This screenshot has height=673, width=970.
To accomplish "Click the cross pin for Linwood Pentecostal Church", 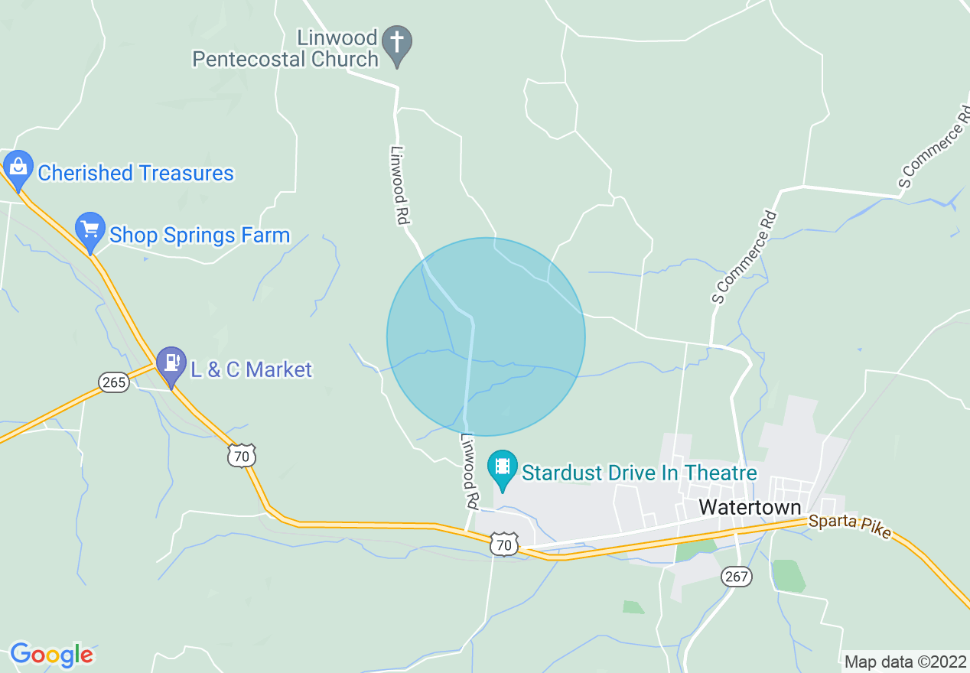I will (397, 43).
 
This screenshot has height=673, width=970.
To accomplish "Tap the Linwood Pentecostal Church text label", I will (285, 48).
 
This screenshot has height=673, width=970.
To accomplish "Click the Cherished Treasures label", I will (135, 173).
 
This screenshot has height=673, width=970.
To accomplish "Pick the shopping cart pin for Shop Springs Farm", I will (90, 229).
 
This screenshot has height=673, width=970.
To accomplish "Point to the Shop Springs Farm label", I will (200, 235).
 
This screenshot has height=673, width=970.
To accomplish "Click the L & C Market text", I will (251, 370).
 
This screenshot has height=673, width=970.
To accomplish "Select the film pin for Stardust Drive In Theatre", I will (502, 467).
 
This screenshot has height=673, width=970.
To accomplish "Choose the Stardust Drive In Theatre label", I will (639, 473).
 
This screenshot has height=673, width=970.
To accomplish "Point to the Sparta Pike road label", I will (849, 526).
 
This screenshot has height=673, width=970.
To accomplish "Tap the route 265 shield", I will (114, 382).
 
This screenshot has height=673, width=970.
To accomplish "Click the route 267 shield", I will (737, 577).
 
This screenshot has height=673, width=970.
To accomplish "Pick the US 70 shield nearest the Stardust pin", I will (503, 545).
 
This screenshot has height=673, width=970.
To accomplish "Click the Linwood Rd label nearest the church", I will (399, 185).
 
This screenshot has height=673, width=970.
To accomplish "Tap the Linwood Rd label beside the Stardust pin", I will (469, 473).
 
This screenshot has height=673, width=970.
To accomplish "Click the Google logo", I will (51, 655).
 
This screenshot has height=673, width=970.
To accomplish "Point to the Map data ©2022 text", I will (903, 662).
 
